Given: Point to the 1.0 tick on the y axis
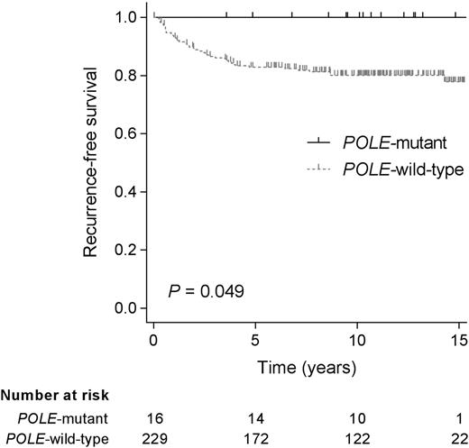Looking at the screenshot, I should (128, 17).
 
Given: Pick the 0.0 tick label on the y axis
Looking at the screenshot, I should (128, 309).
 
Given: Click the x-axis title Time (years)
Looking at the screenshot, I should (308, 367).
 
